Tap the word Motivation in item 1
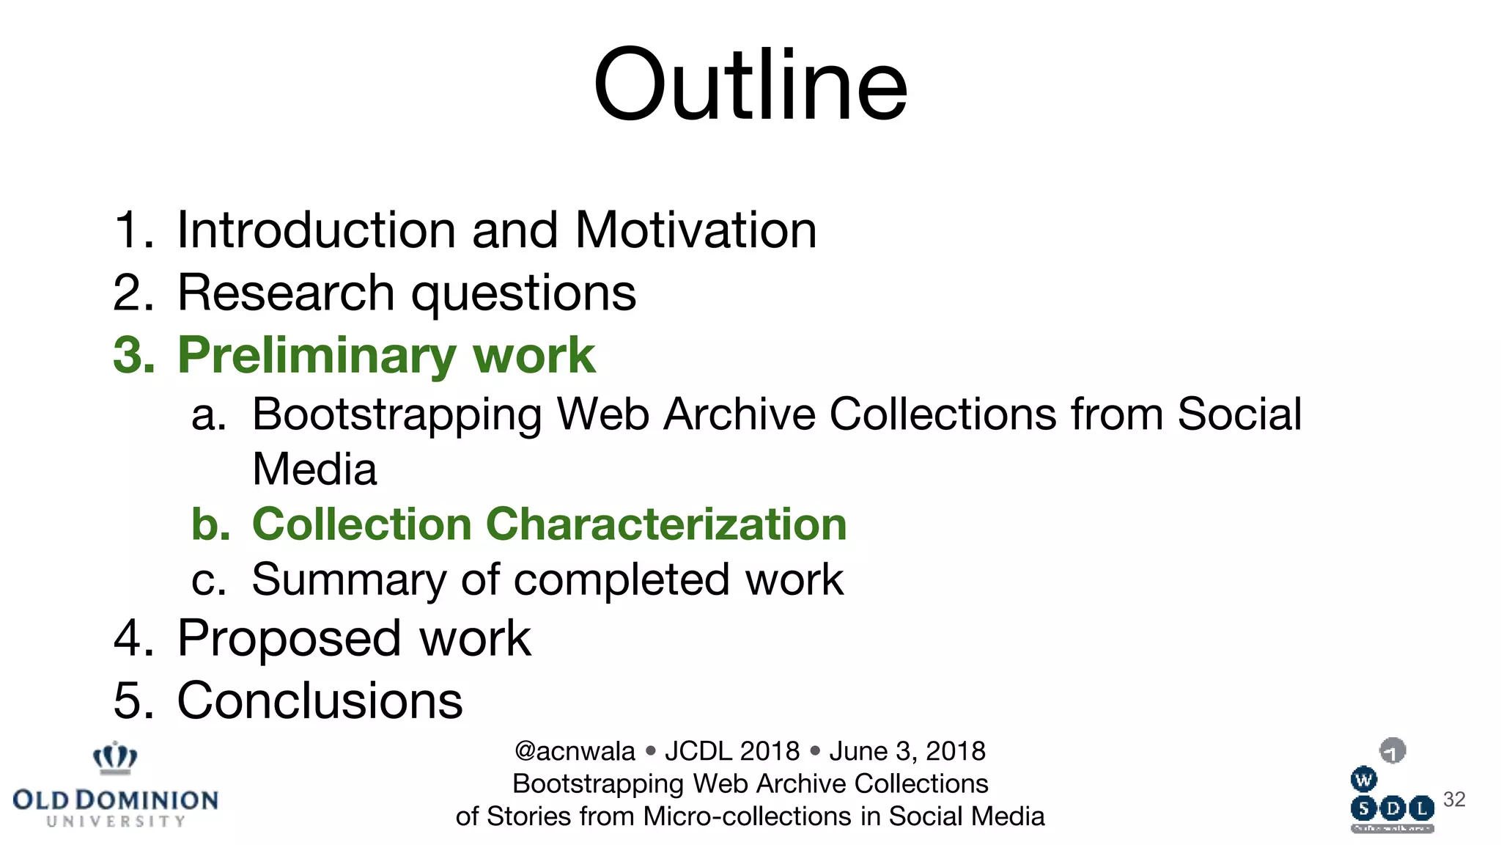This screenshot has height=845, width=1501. click(x=696, y=230)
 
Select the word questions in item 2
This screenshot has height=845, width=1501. click(x=523, y=293)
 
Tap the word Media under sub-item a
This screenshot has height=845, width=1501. click(x=314, y=469)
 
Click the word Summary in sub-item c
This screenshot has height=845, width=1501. click(x=348, y=580)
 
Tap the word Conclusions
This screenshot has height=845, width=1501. click(x=320, y=700)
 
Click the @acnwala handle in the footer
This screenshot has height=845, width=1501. click(x=575, y=751)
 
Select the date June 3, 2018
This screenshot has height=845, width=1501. click(x=907, y=751)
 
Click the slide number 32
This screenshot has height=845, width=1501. click(x=1454, y=800)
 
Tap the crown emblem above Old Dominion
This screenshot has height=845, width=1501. click(x=115, y=758)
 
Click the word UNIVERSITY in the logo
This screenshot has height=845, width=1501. click(x=116, y=822)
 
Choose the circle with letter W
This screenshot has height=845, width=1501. click(x=1363, y=780)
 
